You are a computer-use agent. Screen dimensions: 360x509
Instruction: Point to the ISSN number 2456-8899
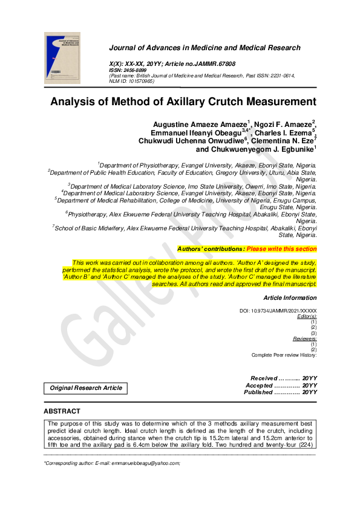[x=137, y=70]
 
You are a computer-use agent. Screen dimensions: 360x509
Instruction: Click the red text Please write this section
[x=281, y=249]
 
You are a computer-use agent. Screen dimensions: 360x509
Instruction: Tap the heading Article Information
[x=290, y=298]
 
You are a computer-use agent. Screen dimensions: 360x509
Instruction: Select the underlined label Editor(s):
[x=307, y=317]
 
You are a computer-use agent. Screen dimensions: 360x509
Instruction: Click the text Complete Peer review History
[x=284, y=355]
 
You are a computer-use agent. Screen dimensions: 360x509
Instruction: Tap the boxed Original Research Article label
[x=85, y=388]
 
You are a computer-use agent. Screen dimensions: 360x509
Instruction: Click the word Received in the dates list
[x=264, y=378]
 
